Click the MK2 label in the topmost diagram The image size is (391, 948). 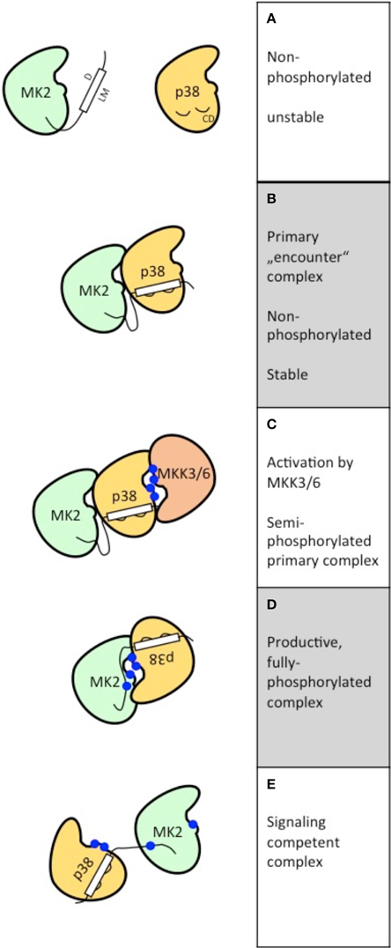pos(41,91)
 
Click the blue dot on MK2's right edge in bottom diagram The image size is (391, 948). pos(193,826)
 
